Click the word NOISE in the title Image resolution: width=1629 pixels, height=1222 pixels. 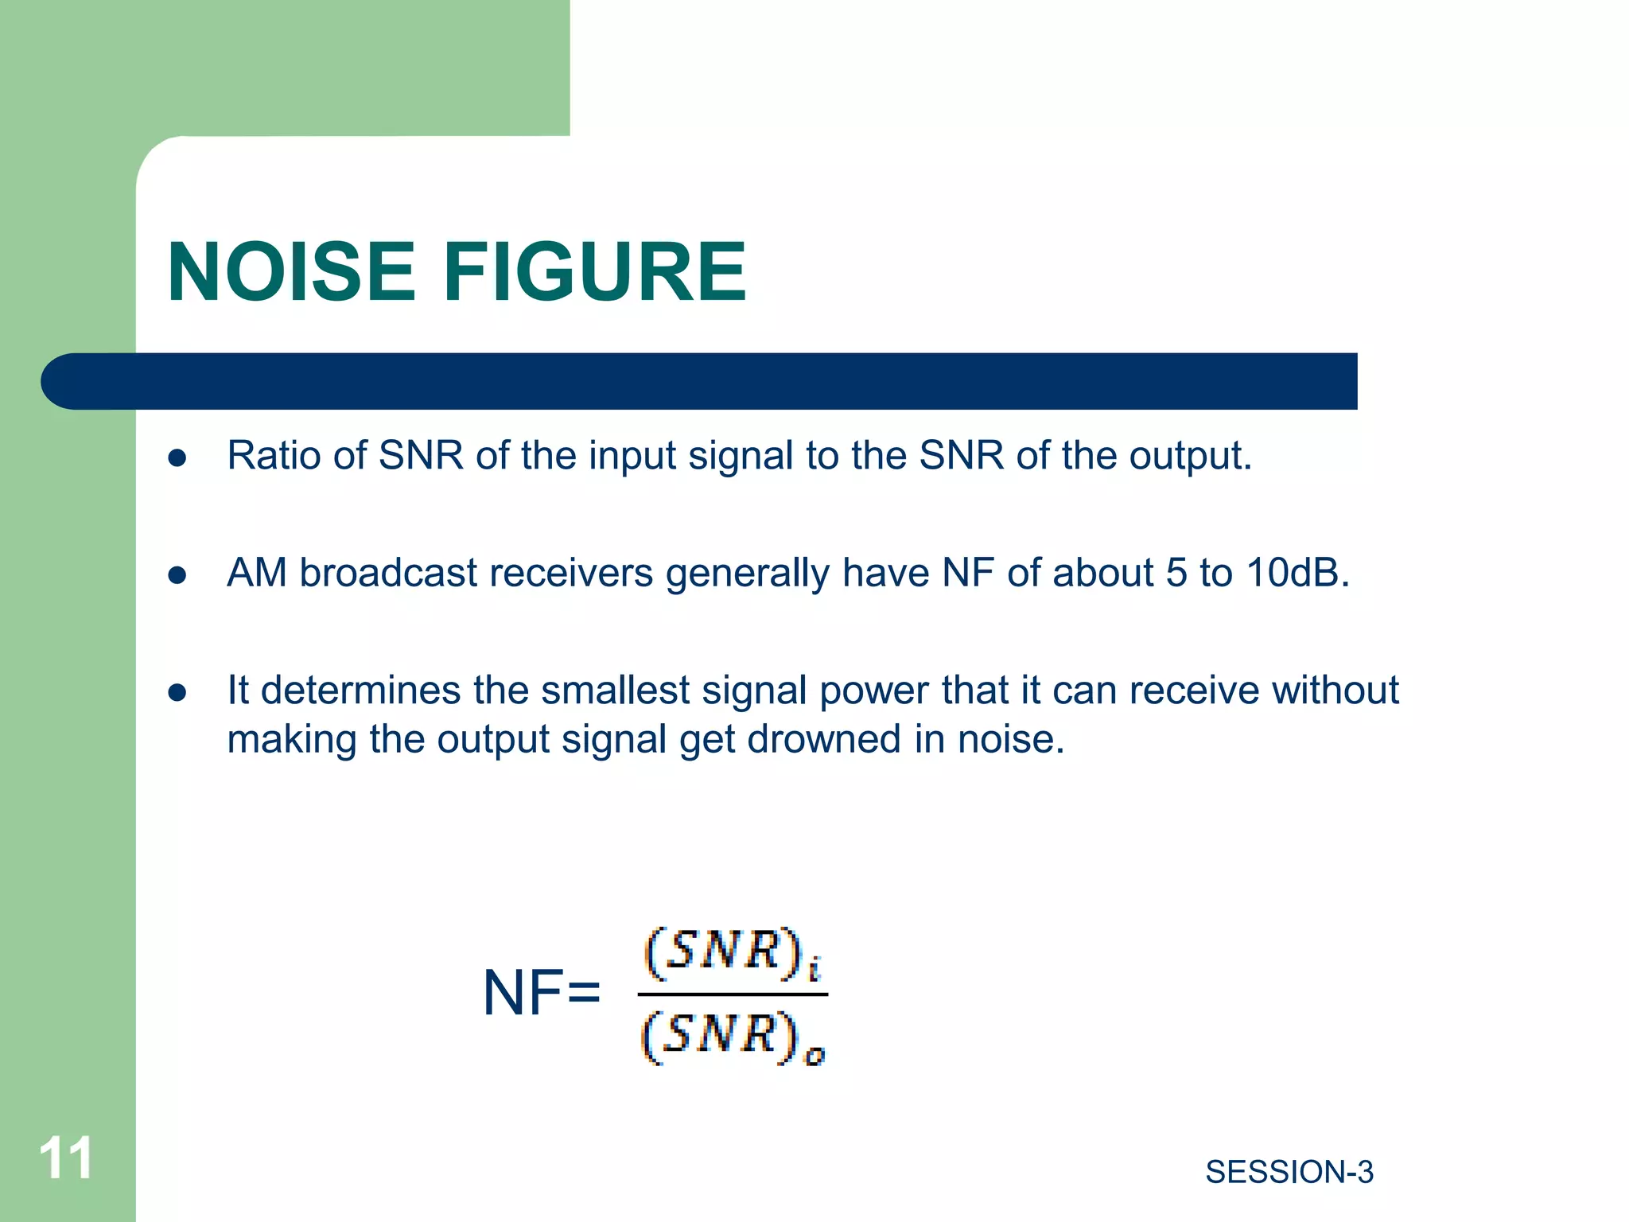point(291,273)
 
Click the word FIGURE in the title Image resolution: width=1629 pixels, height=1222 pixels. point(594,273)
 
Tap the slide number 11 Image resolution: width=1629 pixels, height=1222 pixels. point(66,1158)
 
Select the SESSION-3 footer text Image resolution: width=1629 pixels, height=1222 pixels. point(1289,1172)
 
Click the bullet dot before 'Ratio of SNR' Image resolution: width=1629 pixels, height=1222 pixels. point(177,457)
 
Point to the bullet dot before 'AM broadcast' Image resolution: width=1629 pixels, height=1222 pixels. point(177,574)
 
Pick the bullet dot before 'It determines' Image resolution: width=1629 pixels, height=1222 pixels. point(177,692)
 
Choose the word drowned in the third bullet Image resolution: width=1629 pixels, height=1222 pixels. point(823,739)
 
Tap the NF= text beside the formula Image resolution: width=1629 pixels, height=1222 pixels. point(541,993)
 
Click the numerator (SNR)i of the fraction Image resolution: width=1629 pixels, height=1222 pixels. point(732,952)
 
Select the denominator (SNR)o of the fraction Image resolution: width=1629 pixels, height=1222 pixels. point(732,1037)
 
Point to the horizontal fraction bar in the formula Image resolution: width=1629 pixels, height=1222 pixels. point(732,994)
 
